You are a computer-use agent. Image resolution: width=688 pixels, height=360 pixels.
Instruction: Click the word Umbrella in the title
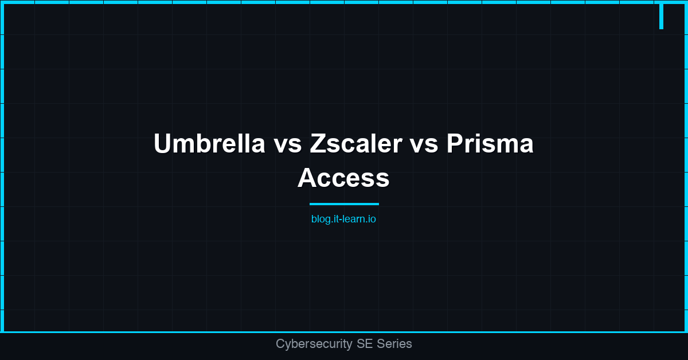coord(209,144)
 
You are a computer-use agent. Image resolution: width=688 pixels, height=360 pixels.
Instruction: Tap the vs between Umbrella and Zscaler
coord(287,144)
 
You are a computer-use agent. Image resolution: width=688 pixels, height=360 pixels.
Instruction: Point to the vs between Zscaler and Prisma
coord(424,144)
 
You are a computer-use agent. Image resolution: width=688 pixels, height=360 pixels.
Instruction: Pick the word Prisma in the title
coord(490,144)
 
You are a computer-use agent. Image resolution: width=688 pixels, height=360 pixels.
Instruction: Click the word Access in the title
coord(343,178)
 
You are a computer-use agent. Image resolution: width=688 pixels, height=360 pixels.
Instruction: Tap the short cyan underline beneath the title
coord(344,204)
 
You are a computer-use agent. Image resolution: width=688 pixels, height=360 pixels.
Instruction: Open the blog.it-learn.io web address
coord(343,219)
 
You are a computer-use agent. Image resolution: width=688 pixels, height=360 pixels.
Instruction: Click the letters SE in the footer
coord(363,344)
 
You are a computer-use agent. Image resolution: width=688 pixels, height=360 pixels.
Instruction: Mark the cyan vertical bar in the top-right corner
coord(661,15)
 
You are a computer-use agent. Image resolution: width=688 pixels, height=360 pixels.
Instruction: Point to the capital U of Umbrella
coord(162,144)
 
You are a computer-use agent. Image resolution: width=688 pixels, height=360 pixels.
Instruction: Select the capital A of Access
coord(307,178)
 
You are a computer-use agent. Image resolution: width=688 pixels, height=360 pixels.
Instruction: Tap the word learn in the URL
coord(353,219)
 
